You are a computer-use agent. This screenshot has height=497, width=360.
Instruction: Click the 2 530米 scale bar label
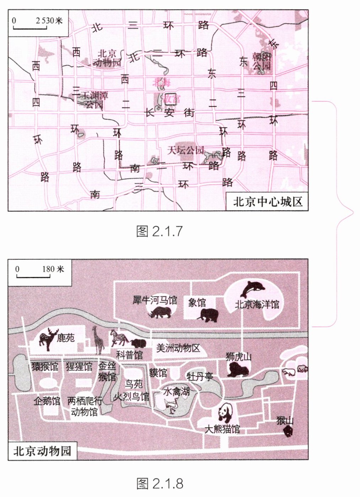point(49,20)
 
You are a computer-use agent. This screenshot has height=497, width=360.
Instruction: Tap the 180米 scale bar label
point(53,269)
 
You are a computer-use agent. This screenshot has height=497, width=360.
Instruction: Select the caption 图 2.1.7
point(159,231)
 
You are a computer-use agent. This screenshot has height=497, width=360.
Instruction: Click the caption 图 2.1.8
point(160,483)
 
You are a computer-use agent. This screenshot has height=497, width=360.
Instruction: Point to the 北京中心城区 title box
point(268,202)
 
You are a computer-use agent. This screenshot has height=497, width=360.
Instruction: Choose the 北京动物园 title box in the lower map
point(42,451)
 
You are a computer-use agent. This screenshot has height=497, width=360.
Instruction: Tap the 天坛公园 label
point(186,150)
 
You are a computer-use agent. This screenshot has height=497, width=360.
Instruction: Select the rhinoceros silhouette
point(160,312)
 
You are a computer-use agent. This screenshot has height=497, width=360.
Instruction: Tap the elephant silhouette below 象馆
point(209,315)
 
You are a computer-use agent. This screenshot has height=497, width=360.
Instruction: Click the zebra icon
point(119,337)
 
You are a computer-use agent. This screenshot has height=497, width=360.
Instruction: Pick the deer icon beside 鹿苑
point(48,339)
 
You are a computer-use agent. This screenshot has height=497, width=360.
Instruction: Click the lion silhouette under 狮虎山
point(237,370)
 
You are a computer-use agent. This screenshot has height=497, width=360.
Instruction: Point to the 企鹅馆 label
point(47,401)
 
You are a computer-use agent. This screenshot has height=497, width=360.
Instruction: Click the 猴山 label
point(285,421)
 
